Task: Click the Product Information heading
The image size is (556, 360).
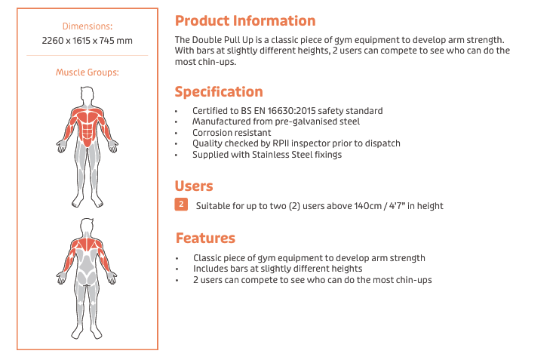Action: pyautogui.click(x=245, y=21)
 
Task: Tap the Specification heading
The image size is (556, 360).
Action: pyautogui.click(x=219, y=92)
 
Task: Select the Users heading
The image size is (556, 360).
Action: pyautogui.click(x=194, y=186)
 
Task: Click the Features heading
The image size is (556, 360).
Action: pyautogui.click(x=205, y=238)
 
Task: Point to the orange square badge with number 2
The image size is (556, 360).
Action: pyautogui.click(x=181, y=205)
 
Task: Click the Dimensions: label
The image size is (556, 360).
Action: pyautogui.click(x=88, y=26)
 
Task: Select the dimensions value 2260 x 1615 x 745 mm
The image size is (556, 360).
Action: pyautogui.click(x=88, y=41)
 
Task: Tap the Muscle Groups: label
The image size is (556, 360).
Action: pyautogui.click(x=88, y=72)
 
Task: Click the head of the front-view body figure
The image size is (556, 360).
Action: pyautogui.click(x=88, y=95)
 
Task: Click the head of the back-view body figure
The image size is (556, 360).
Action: pyautogui.click(x=87, y=226)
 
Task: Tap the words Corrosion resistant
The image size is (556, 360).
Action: pyautogui.click(x=232, y=133)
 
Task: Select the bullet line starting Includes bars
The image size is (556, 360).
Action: pyautogui.click(x=278, y=269)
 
